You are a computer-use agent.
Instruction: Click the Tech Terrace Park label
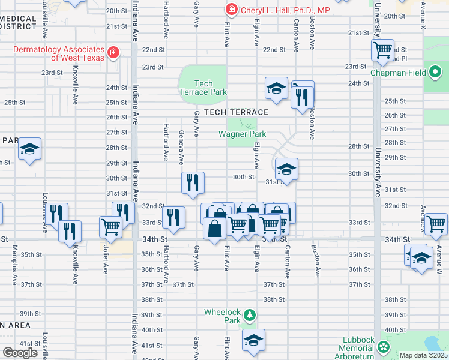[x=203, y=88]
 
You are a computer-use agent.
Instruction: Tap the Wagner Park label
[x=241, y=134]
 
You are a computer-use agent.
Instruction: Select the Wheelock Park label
[x=222, y=316]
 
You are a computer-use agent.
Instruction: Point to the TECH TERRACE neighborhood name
[x=235, y=112]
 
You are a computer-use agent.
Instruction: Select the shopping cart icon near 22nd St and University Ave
[x=382, y=51]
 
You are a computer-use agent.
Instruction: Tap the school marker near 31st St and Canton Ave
[x=287, y=169]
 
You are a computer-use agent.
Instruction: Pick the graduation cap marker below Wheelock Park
[x=254, y=341]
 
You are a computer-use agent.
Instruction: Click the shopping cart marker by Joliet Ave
[x=111, y=227]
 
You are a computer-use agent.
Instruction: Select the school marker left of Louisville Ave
[x=28, y=149]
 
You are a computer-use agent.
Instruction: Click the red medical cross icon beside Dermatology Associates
[x=112, y=53]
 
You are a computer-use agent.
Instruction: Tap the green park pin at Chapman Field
[x=436, y=73]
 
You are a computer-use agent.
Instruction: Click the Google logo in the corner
[x=20, y=353]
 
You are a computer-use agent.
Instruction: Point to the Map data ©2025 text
[x=423, y=355]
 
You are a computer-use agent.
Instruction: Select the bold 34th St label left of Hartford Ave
[x=154, y=239]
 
